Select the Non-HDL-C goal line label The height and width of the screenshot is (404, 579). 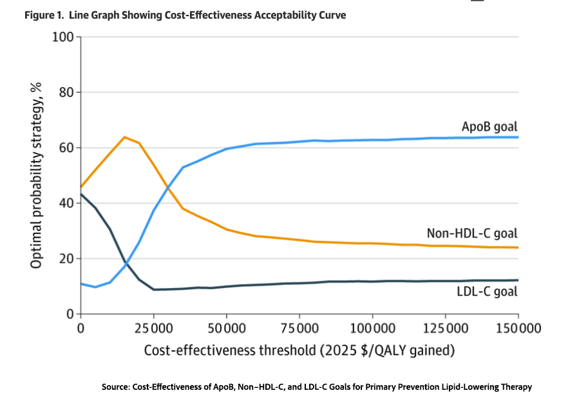(472, 233)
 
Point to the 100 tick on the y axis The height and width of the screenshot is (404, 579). (63, 36)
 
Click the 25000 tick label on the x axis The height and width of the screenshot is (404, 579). (153, 329)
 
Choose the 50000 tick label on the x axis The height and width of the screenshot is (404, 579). (226, 329)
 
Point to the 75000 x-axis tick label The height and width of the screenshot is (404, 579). (299, 329)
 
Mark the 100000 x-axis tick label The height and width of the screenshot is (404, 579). (372, 329)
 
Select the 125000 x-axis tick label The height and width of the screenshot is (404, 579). (446, 329)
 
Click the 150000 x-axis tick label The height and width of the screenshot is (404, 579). (518, 329)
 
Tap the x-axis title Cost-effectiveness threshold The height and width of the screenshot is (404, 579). (299, 351)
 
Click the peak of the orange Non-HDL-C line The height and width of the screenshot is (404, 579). (124, 137)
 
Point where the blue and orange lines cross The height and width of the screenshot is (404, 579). (167, 188)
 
